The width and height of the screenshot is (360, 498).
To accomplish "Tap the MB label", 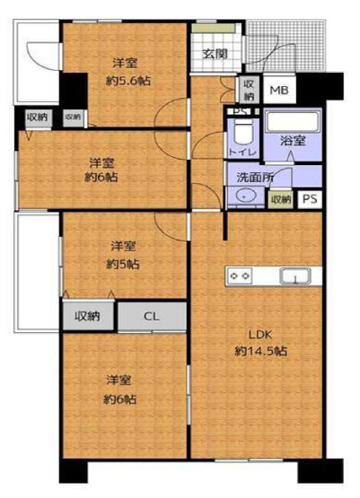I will pos(280,91).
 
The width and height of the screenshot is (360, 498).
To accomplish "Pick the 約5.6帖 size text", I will pos(127,80).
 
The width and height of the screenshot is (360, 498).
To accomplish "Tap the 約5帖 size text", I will pos(124,265).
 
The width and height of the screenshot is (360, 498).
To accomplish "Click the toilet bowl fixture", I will pos(240,134).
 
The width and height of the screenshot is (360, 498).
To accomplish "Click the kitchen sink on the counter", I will pos(294,276).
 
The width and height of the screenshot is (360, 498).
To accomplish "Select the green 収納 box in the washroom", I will pos(281,199).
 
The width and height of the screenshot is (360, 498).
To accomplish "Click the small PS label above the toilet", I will pos(238,111).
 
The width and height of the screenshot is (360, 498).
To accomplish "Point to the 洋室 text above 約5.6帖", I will pos(125,63).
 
